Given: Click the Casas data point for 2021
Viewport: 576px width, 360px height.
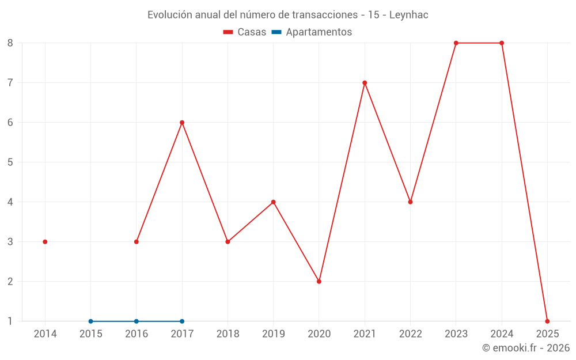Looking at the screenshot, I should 365,82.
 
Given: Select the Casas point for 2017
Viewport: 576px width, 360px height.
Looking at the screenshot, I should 182,122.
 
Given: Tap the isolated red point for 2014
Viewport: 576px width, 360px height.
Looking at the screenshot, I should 45,241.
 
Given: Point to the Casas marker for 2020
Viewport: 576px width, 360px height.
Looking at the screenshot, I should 319,281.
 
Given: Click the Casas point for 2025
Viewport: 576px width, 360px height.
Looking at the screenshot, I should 547,321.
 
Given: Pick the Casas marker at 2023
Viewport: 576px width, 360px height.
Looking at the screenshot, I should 456,43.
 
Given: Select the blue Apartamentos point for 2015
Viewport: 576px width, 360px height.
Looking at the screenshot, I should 90,321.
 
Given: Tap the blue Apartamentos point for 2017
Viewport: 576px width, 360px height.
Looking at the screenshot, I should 182,321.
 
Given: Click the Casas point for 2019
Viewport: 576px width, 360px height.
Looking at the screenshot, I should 274,202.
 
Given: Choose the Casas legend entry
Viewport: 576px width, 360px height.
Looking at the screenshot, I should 245,32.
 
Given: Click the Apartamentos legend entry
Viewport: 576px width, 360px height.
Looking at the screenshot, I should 312,32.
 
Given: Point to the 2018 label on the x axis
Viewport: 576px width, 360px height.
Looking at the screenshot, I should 228,334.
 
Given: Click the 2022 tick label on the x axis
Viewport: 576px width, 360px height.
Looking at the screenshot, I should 410,334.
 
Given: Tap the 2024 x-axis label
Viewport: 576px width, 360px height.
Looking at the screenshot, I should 502,334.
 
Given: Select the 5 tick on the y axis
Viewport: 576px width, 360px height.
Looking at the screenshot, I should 10,162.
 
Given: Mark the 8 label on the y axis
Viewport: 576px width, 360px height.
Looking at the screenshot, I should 10,43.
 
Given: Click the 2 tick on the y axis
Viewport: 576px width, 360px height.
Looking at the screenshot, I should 10,281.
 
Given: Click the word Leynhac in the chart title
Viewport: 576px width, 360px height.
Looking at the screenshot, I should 409,15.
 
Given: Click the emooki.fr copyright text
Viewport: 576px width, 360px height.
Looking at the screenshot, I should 526,348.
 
